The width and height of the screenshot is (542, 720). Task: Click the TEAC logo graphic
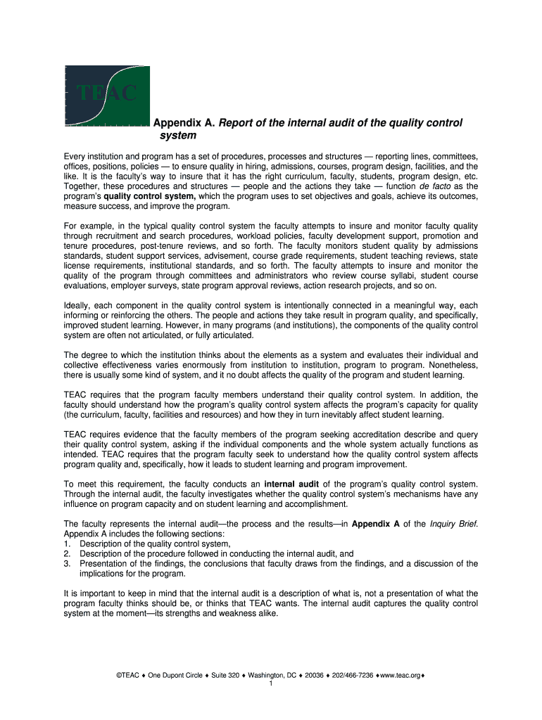click(107, 96)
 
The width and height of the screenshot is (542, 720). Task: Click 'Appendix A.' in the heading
click(184, 123)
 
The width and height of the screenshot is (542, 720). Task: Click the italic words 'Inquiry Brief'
click(453, 524)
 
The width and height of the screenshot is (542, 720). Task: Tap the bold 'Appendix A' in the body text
click(378, 524)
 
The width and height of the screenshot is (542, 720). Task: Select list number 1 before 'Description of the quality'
click(67, 544)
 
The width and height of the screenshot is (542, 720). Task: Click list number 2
click(67, 553)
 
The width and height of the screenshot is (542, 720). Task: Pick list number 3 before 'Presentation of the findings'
click(67, 563)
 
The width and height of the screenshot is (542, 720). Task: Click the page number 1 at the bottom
click(271, 683)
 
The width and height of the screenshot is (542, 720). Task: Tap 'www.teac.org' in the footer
click(399, 675)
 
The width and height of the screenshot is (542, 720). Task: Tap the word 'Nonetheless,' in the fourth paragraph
click(454, 365)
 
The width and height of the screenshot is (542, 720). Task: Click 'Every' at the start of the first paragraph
click(75, 156)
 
